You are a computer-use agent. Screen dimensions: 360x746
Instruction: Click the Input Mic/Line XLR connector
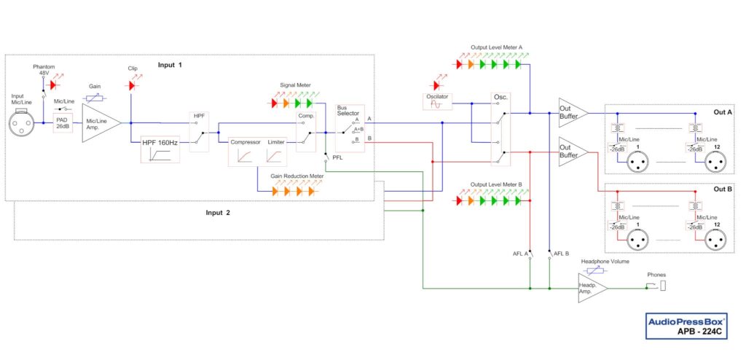tap(23, 123)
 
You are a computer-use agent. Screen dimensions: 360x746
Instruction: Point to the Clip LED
tap(132, 85)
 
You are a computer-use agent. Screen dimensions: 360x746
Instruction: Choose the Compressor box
tap(246, 152)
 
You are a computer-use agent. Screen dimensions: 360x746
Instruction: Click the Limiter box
tap(276, 152)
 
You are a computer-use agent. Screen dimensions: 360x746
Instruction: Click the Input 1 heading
tap(170, 65)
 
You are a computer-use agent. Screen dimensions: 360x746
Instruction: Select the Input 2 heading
tap(217, 213)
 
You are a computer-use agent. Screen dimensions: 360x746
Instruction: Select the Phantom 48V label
tap(44, 71)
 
